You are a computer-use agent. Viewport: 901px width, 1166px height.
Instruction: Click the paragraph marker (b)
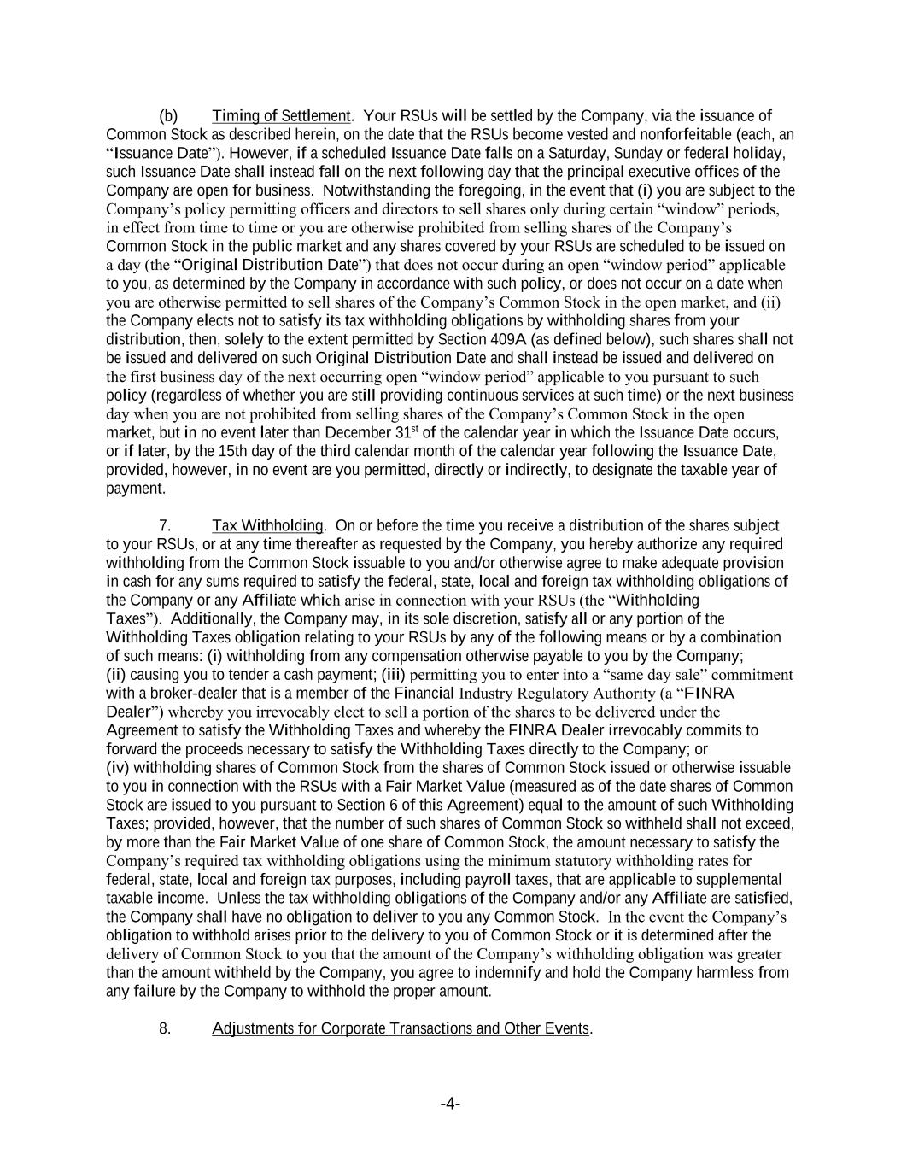point(168,116)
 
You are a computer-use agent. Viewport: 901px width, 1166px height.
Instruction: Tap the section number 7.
point(165,526)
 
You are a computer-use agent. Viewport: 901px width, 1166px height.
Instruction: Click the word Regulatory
point(505,694)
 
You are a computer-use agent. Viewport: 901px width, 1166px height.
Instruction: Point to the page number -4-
point(450,1104)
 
